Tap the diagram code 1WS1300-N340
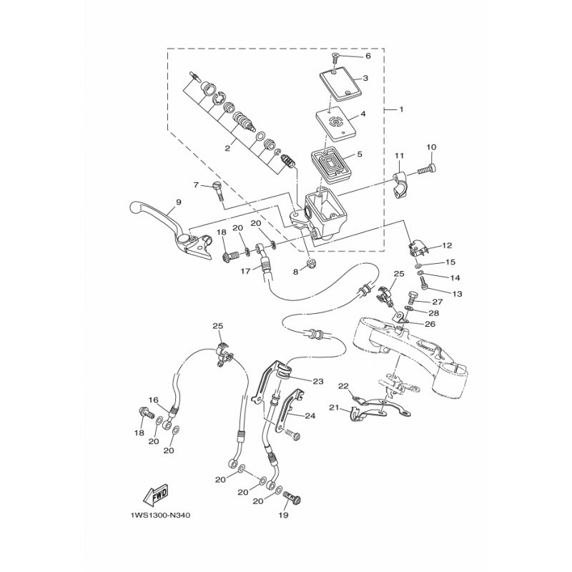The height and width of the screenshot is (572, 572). click(x=160, y=516)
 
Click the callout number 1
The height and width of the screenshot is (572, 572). click(x=401, y=109)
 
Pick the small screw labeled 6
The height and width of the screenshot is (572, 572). click(x=335, y=57)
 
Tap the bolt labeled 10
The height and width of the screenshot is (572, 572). click(x=428, y=169)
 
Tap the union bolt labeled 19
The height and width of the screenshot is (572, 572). click(x=291, y=497)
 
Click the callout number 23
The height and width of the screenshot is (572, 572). click(x=318, y=382)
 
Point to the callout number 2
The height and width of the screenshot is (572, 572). click(x=227, y=149)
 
